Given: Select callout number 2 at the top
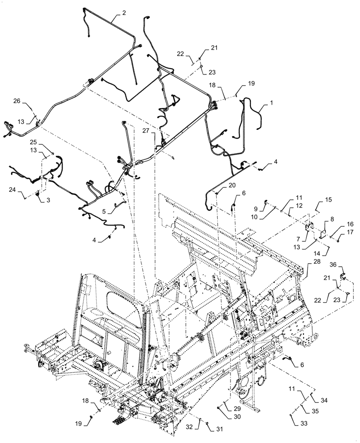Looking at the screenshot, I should [x=124, y=13].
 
